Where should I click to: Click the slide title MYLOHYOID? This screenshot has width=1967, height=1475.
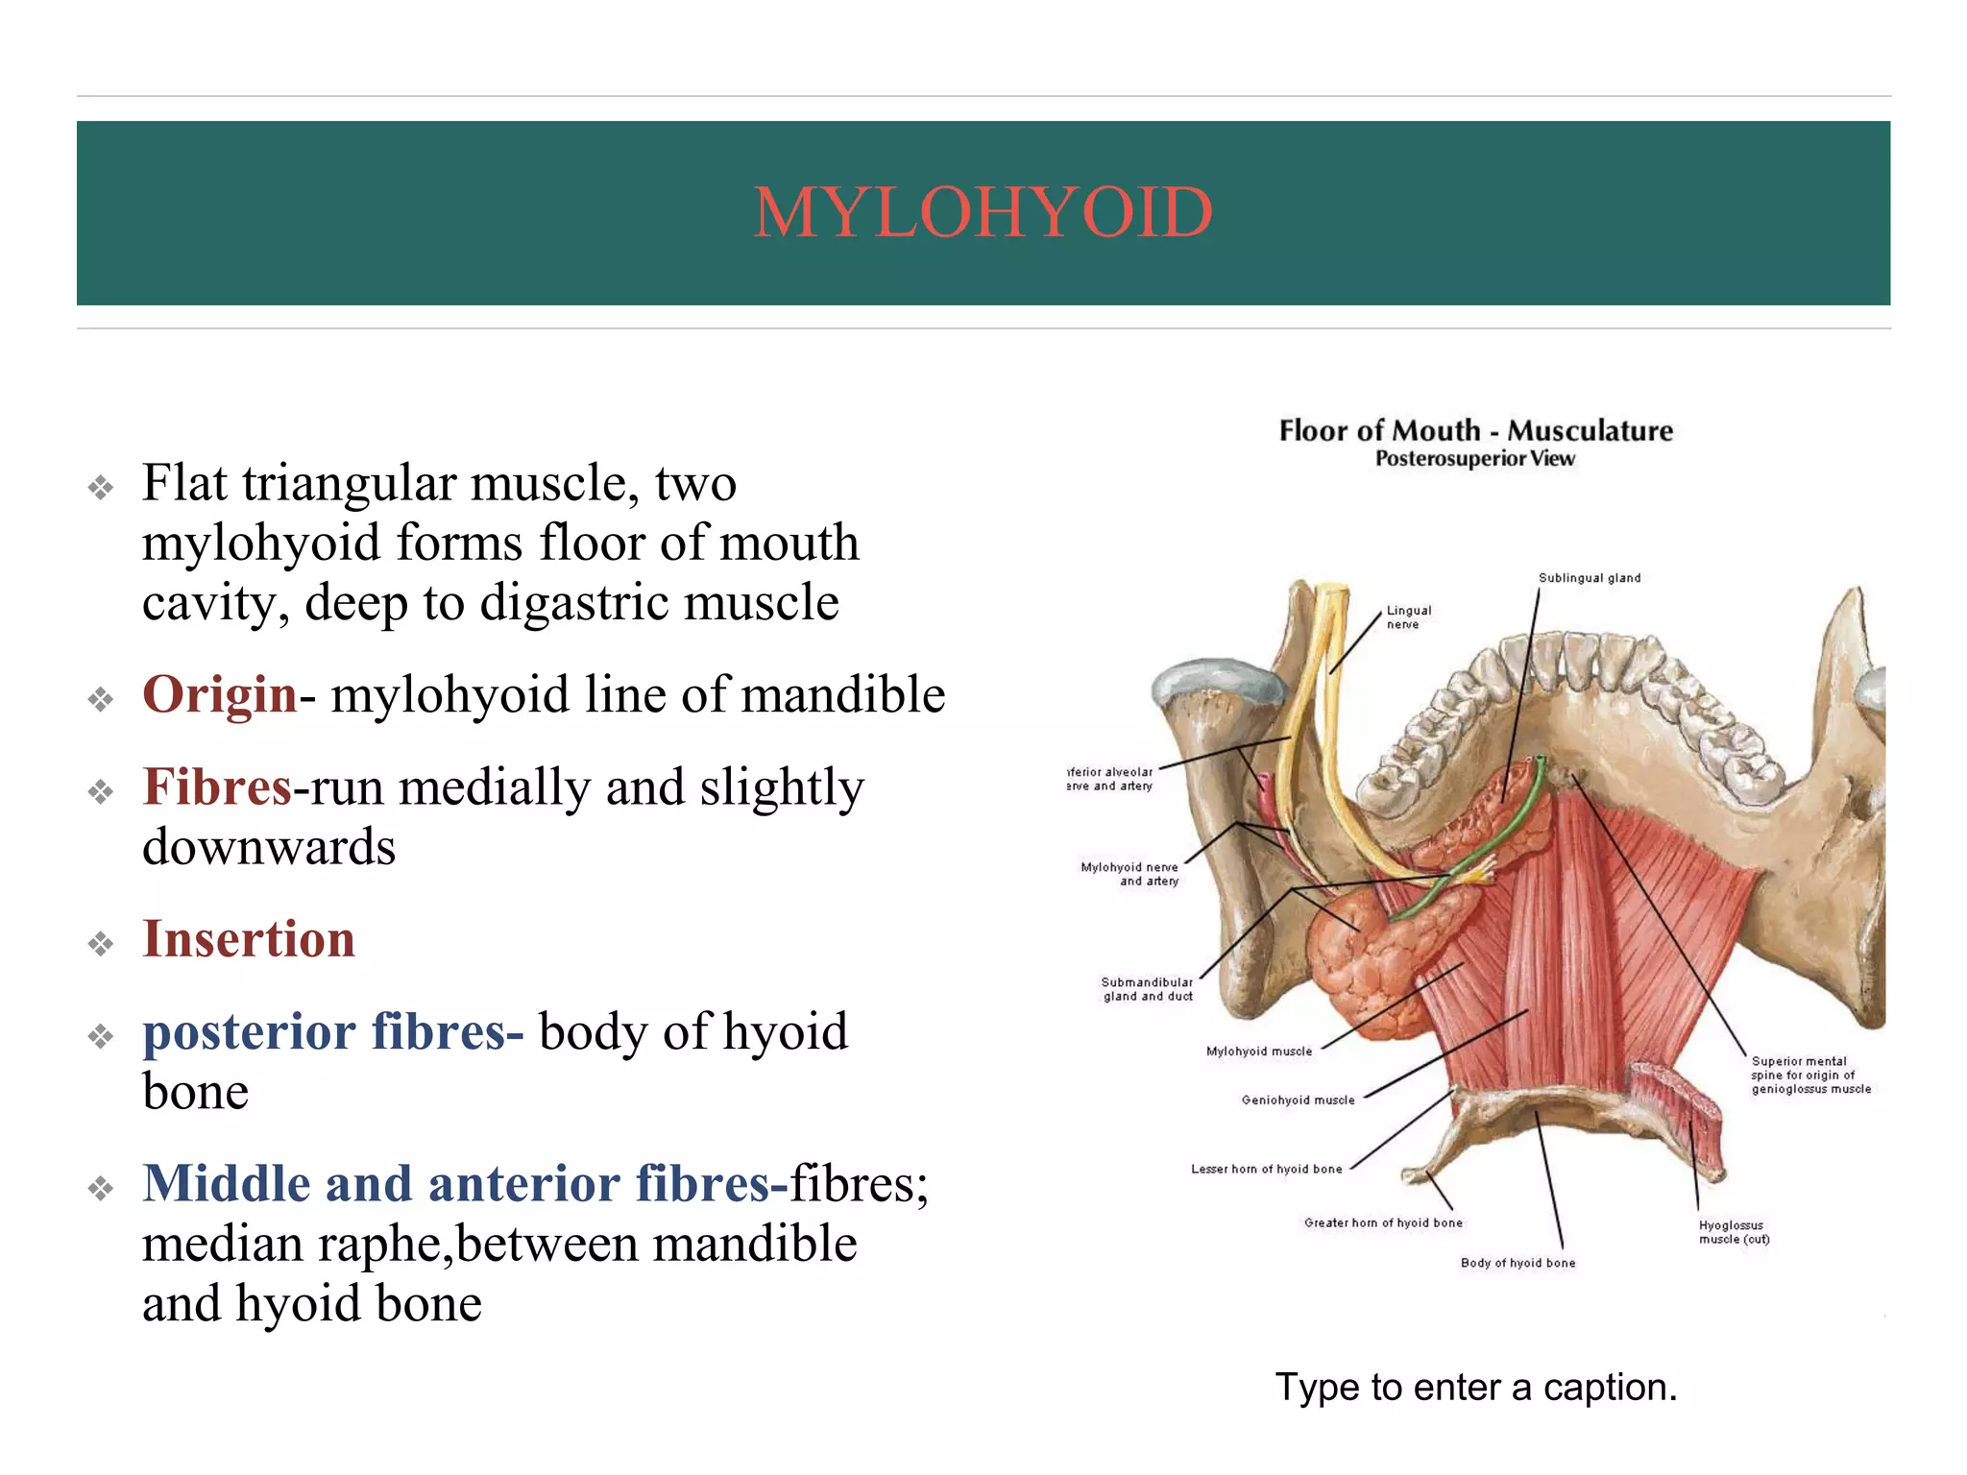coord(983,212)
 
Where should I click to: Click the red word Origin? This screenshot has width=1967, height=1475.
coord(219,694)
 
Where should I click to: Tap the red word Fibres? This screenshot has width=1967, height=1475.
coord(217,787)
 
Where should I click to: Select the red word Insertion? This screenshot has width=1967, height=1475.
coord(249,939)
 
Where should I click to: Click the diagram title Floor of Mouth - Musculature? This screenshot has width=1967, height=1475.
coord(1475,431)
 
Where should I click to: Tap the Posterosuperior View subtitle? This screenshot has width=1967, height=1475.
coord(1475,459)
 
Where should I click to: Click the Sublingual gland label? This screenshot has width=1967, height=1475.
coord(1590,578)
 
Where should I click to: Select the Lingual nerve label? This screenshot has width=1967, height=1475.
coord(1408,617)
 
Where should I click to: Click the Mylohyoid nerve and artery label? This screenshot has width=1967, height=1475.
coord(1130,874)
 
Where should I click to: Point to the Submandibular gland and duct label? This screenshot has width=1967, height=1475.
coord(1147,989)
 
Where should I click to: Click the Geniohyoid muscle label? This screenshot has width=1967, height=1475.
coord(1298,1100)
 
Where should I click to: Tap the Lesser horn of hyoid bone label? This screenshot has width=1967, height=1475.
coord(1266,1170)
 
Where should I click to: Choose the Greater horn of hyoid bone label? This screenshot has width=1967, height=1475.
coord(1383,1223)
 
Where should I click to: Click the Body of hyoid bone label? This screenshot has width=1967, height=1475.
coord(1518,1264)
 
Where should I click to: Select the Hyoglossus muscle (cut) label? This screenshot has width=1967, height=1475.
coord(1734,1232)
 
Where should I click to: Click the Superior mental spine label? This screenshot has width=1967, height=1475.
coord(1809,1076)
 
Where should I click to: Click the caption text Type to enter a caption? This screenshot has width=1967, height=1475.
coord(1475,1388)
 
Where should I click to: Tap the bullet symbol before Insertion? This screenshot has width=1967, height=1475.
coord(101,944)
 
